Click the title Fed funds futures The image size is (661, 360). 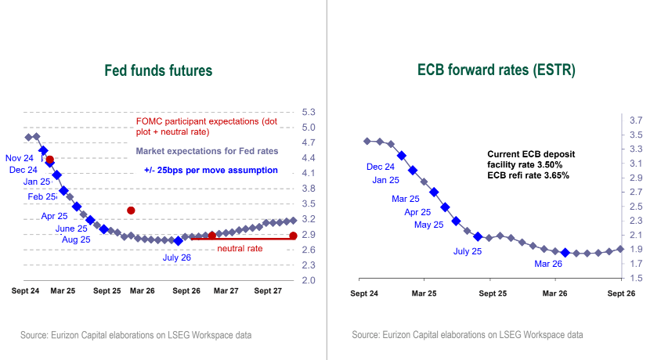[x=158, y=71]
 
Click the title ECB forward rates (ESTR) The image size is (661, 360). [x=497, y=71]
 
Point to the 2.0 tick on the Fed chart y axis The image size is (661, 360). [x=309, y=280]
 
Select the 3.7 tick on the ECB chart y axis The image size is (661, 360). [x=635, y=121]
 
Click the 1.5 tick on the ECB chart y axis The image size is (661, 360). [x=635, y=278]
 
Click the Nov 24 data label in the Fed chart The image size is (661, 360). [x=19, y=157]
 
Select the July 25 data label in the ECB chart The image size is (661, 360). [x=468, y=251]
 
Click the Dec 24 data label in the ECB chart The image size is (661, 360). [x=381, y=167]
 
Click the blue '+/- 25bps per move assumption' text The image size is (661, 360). [x=211, y=170]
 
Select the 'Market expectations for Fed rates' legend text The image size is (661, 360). [x=207, y=151]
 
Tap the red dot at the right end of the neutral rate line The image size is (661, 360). [x=293, y=236]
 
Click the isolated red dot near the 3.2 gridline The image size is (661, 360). [x=131, y=211]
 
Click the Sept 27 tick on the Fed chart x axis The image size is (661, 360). [x=268, y=292]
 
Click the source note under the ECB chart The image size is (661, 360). [x=468, y=335]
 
